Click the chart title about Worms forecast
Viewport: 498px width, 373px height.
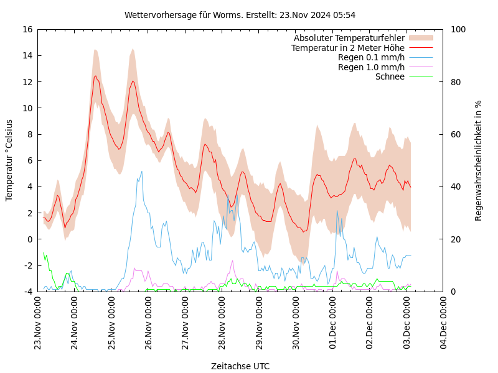click(240, 15)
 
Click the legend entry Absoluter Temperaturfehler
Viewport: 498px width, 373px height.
click(349, 38)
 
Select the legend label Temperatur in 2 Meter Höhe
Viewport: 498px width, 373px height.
click(347, 48)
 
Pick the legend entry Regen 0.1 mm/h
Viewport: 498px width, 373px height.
click(371, 57)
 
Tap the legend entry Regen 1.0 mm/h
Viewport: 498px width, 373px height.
click(371, 67)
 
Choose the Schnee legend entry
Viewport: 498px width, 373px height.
click(390, 76)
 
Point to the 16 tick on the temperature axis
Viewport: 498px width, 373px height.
click(27, 29)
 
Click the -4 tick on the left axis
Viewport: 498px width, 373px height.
click(27, 292)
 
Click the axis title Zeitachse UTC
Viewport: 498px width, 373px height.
click(240, 366)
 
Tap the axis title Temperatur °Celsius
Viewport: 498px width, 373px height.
click(9, 160)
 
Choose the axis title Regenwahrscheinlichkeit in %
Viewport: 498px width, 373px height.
click(479, 160)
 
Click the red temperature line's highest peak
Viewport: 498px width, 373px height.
click(95, 76)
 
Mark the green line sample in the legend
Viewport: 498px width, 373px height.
click(421, 76)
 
